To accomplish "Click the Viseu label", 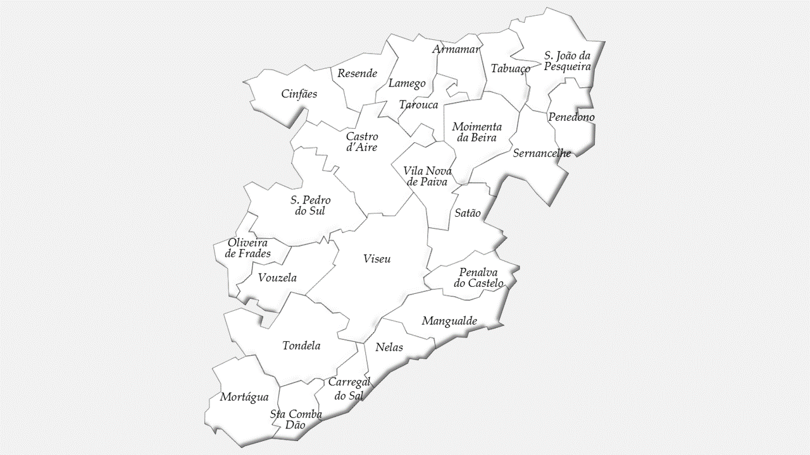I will [377, 259].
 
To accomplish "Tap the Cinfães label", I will [299, 94].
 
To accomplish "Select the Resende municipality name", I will [357, 73].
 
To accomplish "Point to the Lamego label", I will [407, 83].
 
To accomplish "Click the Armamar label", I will [457, 49].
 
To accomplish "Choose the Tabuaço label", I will [510, 68].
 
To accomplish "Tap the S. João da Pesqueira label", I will [567, 61].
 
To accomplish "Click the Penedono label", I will [571, 118].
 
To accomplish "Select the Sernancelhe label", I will [542, 153].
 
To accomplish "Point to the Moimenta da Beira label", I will [477, 132].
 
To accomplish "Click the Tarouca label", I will [418, 105].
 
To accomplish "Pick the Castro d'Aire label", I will [362, 142].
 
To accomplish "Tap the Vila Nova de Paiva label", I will [427, 176].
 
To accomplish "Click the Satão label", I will [468, 213].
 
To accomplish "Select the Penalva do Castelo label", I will [478, 277].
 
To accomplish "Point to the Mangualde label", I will [449, 321].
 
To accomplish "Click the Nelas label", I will [389, 348].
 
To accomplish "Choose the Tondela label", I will [301, 346].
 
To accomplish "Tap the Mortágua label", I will [244, 397].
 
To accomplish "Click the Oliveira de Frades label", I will [248, 248].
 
